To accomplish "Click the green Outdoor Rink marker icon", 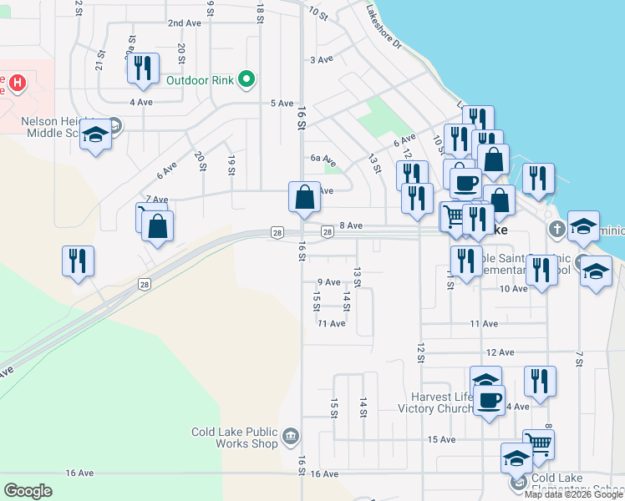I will (x=246, y=80).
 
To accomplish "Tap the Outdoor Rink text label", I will (x=199, y=80).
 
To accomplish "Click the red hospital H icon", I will (x=16, y=83).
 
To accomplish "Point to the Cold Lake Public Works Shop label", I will (x=234, y=438).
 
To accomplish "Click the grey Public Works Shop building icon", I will (x=290, y=434).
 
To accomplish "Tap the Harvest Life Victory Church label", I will (x=443, y=402).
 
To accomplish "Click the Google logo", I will (x=28, y=490).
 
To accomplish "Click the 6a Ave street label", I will (x=322, y=158).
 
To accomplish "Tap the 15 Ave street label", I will (x=440, y=439).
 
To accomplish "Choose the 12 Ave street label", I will (x=498, y=353).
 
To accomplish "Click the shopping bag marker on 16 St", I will (x=305, y=198).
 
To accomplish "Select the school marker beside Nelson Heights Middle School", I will (x=96, y=136).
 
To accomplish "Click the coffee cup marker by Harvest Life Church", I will (x=490, y=399).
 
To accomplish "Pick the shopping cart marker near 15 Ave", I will (x=539, y=444).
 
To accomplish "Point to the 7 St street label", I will (x=578, y=358).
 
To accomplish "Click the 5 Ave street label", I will (x=282, y=104).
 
